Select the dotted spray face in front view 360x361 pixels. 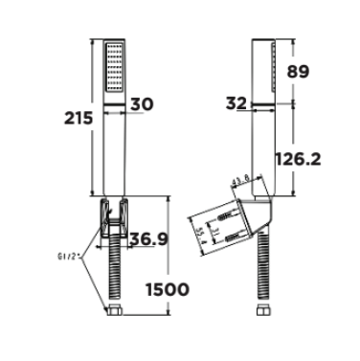112,71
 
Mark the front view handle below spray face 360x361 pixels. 112,153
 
